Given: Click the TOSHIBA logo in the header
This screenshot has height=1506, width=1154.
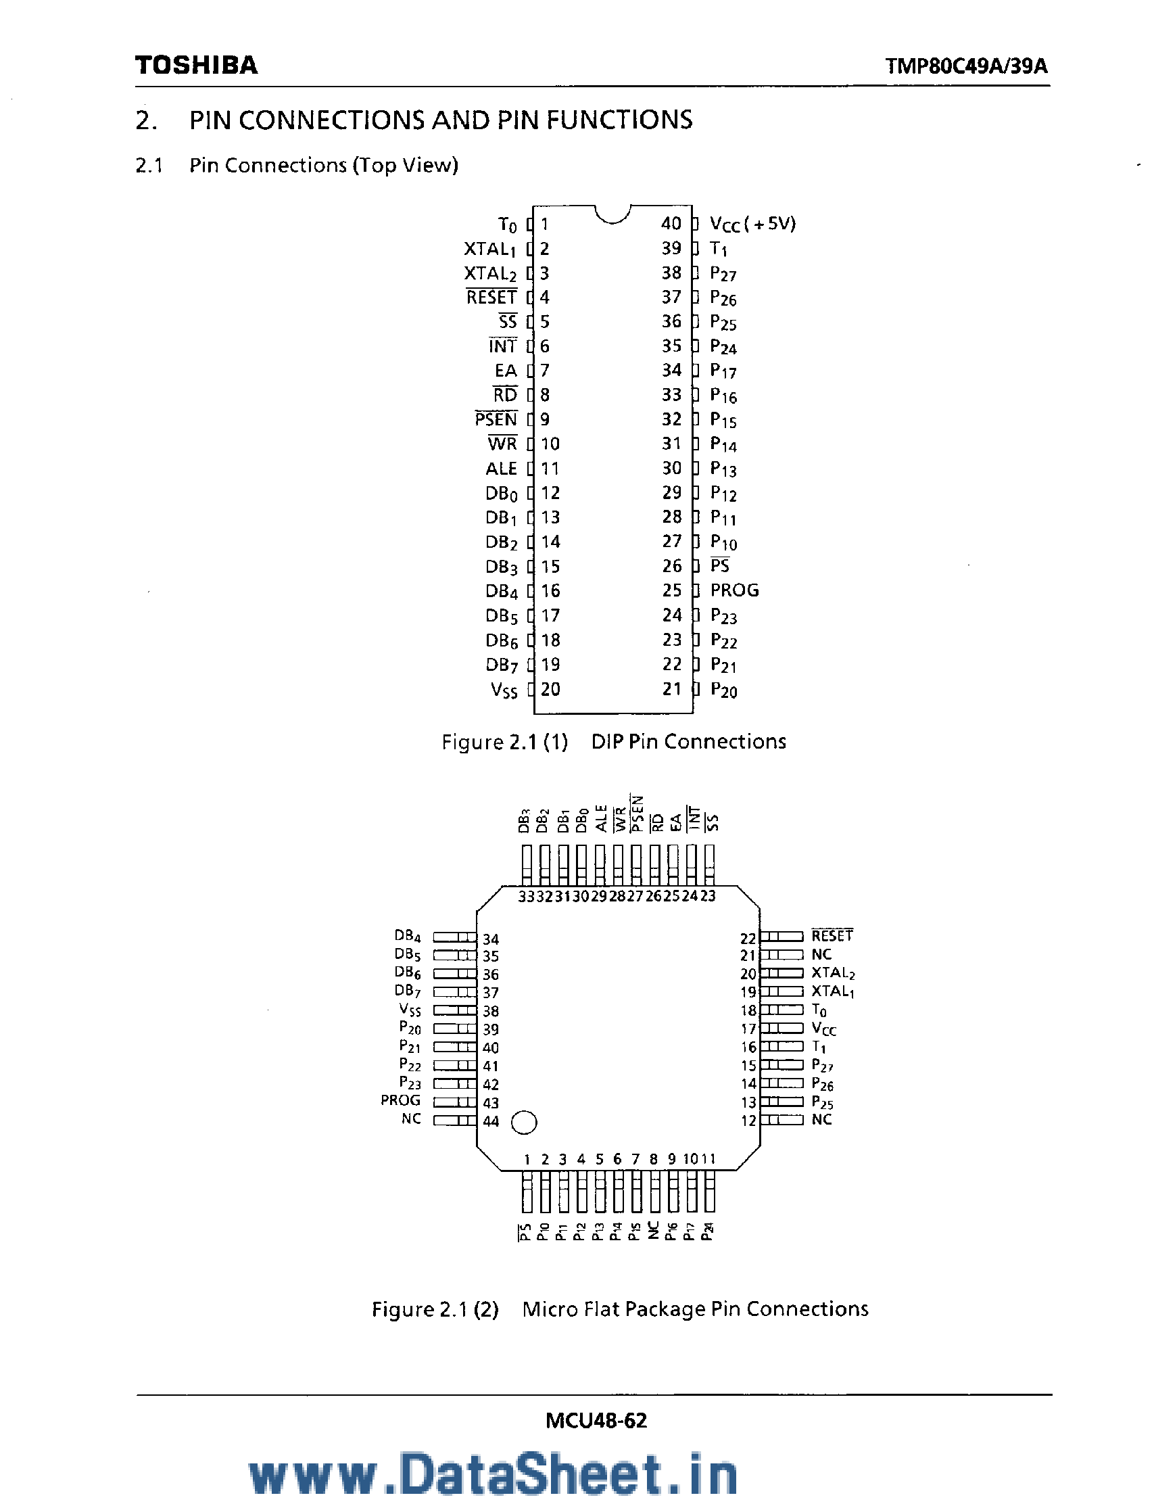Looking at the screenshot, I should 197,66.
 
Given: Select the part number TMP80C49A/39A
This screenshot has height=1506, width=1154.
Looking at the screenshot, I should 966,66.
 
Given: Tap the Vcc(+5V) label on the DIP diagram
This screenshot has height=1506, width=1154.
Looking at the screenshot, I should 752,224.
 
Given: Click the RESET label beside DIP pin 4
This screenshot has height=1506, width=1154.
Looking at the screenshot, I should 491,298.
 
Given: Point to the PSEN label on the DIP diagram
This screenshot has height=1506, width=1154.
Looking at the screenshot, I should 496,419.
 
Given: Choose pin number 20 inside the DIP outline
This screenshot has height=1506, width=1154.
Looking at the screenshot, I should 550,689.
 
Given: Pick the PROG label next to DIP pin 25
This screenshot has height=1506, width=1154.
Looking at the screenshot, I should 734,590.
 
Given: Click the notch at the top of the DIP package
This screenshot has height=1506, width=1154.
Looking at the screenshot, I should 612,214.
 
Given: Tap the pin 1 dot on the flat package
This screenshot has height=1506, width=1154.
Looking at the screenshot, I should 525,1123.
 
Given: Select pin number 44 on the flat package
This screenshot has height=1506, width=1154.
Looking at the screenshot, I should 490,1121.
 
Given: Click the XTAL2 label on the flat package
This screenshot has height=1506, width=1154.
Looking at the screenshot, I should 832,973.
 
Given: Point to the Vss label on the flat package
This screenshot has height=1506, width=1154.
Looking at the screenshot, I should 410,1010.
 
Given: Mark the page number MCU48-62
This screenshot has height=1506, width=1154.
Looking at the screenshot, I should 596,1420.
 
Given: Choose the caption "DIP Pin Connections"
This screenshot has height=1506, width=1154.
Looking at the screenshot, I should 688,742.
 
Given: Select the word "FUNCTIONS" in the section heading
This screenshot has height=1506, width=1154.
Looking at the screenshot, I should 619,120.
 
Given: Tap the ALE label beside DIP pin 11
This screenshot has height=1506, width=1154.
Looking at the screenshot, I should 501,469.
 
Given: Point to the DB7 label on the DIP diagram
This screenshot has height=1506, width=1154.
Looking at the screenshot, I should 502,665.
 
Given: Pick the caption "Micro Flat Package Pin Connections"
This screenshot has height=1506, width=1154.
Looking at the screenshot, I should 695,1309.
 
